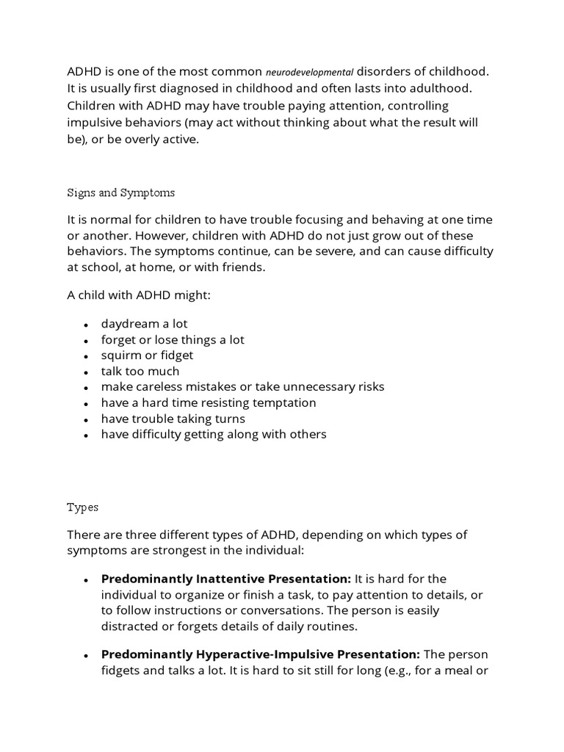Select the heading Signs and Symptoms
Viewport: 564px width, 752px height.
[x=121, y=192]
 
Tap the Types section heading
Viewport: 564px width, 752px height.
[x=82, y=507]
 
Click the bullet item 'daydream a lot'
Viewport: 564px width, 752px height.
[x=145, y=323]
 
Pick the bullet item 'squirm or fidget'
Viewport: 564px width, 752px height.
[x=148, y=355]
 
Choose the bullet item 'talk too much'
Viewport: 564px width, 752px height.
[x=140, y=371]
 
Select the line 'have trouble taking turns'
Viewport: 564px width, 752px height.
[x=173, y=419]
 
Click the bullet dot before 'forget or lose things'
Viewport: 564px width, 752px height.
[x=86, y=340]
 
